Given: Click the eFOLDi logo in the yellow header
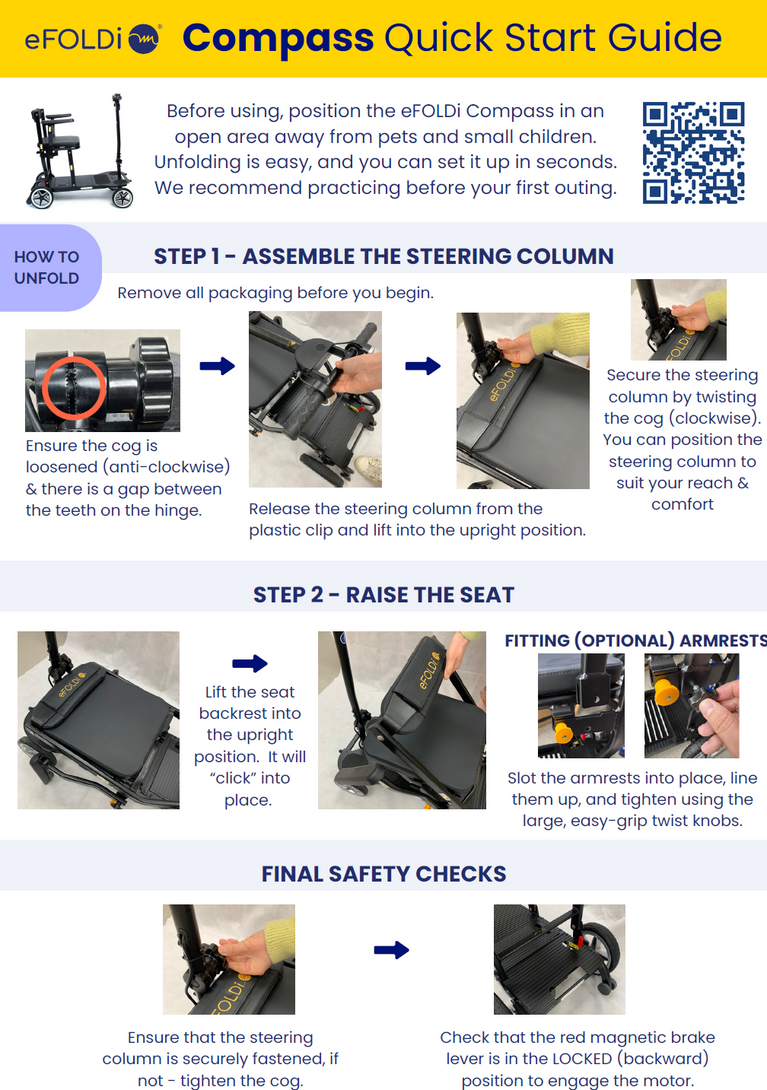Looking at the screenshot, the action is pyautogui.click(x=92, y=39).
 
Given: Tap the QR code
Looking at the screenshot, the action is pyautogui.click(x=693, y=153).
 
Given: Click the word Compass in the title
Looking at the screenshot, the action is pyautogui.click(x=278, y=38).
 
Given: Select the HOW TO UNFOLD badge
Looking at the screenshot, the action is pyautogui.click(x=47, y=268).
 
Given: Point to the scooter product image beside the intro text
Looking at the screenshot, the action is pyautogui.click(x=81, y=152).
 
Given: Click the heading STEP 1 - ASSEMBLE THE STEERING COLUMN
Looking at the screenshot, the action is pyautogui.click(x=384, y=257).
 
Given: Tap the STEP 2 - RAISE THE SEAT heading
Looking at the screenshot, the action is pyautogui.click(x=384, y=595).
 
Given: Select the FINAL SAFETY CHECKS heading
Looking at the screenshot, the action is pyautogui.click(x=384, y=874).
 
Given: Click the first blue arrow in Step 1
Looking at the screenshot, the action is pyautogui.click(x=217, y=366).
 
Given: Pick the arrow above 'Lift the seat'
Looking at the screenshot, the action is pyautogui.click(x=250, y=663).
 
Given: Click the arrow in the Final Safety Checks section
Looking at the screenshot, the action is pyautogui.click(x=391, y=950).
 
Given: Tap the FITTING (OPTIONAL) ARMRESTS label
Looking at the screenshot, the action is pyautogui.click(x=636, y=640).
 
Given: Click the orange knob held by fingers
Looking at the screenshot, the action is pyautogui.click(x=668, y=693).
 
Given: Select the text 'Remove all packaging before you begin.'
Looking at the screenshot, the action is pyautogui.click(x=275, y=293).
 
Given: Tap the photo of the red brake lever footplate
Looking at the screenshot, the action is pyautogui.click(x=559, y=959).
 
